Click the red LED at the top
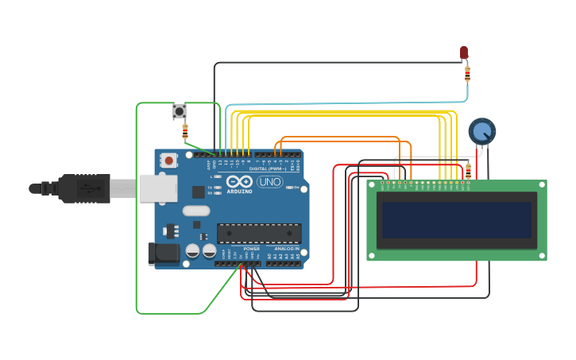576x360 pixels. pyautogui.click(x=464, y=52)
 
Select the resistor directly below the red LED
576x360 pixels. pyautogui.click(x=467, y=74)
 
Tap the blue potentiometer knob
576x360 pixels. pyautogui.click(x=481, y=131)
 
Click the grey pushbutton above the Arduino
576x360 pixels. pyautogui.click(x=180, y=111)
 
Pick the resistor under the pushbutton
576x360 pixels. pyautogui.click(x=185, y=130)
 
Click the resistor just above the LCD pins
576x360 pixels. pyautogui.click(x=468, y=170)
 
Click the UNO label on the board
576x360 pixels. pyautogui.click(x=269, y=182)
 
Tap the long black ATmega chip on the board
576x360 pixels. pyautogui.click(x=259, y=233)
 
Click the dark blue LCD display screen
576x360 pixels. pyautogui.click(x=457, y=220)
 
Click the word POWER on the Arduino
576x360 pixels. pyautogui.click(x=251, y=249)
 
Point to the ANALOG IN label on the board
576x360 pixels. pyautogui.click(x=287, y=249)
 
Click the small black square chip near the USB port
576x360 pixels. pyautogui.click(x=198, y=192)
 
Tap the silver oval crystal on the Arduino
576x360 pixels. pyautogui.click(x=195, y=211)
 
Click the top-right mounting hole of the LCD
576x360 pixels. pyautogui.click(x=542, y=185)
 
